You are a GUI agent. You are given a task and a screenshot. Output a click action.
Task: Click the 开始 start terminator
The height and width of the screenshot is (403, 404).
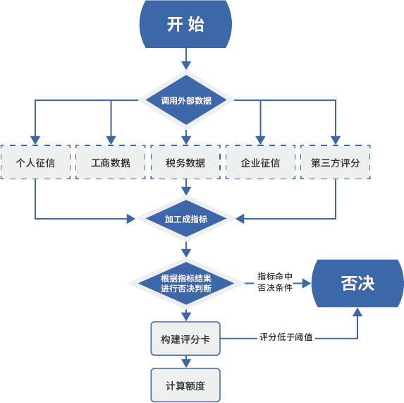point(185,24)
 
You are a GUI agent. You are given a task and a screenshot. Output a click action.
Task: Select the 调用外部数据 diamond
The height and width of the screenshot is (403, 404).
point(186,100)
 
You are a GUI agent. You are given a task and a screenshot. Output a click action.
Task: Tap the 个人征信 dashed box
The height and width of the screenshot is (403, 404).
point(35,162)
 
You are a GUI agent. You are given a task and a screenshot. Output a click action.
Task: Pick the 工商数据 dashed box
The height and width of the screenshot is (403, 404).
point(111,162)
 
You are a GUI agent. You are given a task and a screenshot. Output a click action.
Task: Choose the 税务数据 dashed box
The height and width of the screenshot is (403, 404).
point(185,162)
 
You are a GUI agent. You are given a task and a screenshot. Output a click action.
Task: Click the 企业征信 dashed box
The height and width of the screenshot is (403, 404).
point(260,162)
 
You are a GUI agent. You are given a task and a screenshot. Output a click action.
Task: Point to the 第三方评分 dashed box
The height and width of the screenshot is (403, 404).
point(336,162)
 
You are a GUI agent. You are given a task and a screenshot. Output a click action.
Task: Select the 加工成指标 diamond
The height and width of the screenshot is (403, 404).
point(186,219)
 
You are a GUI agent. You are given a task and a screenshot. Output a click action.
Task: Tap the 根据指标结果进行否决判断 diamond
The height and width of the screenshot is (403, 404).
point(186,283)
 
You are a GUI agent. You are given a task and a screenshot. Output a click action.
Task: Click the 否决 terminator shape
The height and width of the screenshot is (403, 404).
point(357,283)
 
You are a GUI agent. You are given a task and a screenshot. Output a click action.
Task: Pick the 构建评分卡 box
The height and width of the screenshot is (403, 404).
point(185,339)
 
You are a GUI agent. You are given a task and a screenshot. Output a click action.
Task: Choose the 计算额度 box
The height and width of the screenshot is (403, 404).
point(185,385)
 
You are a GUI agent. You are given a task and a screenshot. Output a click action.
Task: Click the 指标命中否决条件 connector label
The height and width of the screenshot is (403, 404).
point(275,282)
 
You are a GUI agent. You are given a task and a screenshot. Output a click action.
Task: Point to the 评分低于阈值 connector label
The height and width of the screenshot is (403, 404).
point(286,337)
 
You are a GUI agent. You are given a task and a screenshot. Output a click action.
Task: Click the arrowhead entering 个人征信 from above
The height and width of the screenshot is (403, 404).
point(35,140)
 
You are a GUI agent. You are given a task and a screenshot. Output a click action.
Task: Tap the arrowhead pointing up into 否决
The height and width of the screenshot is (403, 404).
point(357,312)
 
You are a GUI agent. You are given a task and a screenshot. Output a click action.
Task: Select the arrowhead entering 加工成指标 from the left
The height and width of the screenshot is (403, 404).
point(131,219)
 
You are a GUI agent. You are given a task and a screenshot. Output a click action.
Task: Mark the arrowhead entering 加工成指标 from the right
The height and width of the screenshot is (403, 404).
point(240,219)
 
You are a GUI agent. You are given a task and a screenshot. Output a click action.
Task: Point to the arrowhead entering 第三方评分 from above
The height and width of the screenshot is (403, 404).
point(336,140)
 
